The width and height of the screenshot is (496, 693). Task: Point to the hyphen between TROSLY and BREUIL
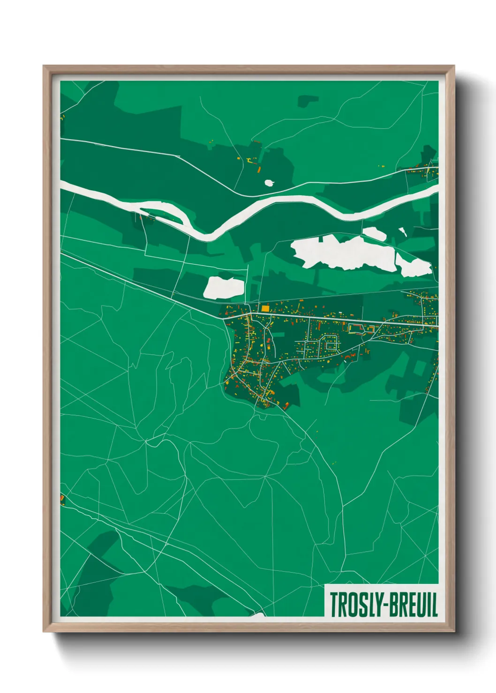pos(382,605)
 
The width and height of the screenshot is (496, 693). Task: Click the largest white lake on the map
pos(342,253)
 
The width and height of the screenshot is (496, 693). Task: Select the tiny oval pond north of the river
pos(270,183)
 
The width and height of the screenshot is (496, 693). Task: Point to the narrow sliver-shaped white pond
pos(402,231)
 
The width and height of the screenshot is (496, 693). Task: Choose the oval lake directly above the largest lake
pos(374,233)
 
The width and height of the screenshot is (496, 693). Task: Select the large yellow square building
pos(265,308)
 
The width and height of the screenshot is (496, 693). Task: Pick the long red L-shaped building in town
pos(356,326)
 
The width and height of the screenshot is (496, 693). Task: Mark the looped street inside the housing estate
pos(330,344)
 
